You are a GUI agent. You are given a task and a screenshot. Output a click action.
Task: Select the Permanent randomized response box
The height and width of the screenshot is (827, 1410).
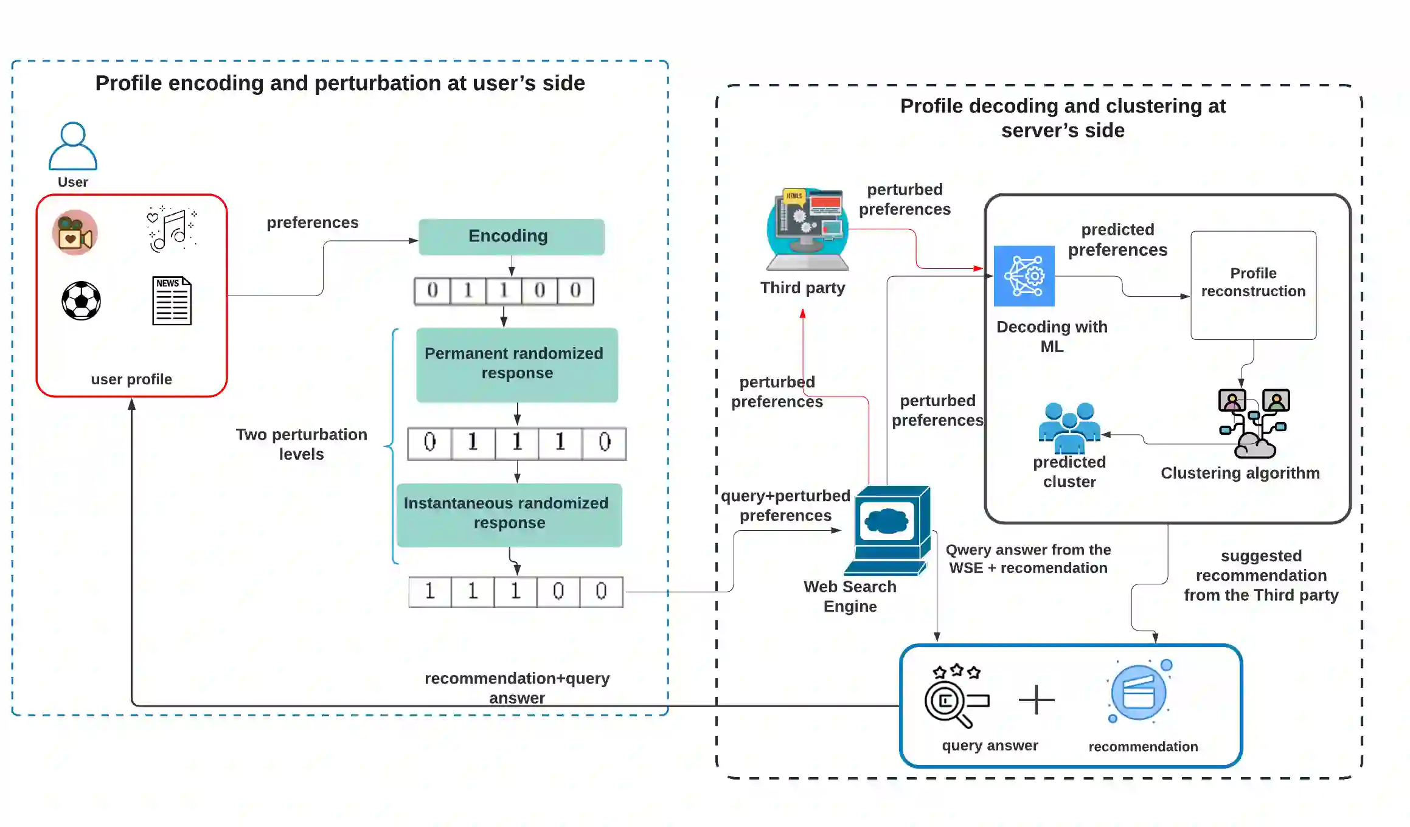(x=516, y=364)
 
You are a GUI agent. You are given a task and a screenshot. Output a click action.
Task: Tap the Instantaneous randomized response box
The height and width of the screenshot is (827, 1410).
(x=509, y=514)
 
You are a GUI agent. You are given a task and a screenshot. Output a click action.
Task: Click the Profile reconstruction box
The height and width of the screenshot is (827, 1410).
(x=1253, y=285)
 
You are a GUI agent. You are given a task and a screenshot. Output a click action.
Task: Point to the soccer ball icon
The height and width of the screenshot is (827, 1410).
(x=81, y=300)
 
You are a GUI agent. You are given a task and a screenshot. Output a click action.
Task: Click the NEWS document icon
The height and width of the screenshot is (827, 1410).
(x=172, y=300)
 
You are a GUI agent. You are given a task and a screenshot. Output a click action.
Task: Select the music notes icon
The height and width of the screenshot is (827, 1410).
(x=172, y=229)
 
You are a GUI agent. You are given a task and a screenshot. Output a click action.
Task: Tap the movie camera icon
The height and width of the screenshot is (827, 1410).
(x=75, y=233)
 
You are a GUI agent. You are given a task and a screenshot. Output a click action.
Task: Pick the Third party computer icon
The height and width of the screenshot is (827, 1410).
(x=807, y=229)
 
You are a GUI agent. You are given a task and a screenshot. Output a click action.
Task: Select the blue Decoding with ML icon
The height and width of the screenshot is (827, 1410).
(x=1024, y=276)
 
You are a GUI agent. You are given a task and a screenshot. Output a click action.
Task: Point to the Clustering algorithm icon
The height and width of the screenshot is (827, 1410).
(x=1253, y=423)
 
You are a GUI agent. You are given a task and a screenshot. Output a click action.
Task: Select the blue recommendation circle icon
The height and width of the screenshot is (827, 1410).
(x=1139, y=693)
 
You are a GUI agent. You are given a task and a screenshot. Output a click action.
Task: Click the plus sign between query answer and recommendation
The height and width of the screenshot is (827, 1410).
(x=1037, y=699)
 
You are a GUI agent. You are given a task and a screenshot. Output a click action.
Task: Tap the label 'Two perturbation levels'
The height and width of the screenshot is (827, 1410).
(x=302, y=444)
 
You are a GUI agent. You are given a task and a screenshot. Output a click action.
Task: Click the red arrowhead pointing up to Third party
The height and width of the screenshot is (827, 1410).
(x=803, y=314)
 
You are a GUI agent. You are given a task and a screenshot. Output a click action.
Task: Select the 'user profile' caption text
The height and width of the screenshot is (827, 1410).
(x=131, y=379)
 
